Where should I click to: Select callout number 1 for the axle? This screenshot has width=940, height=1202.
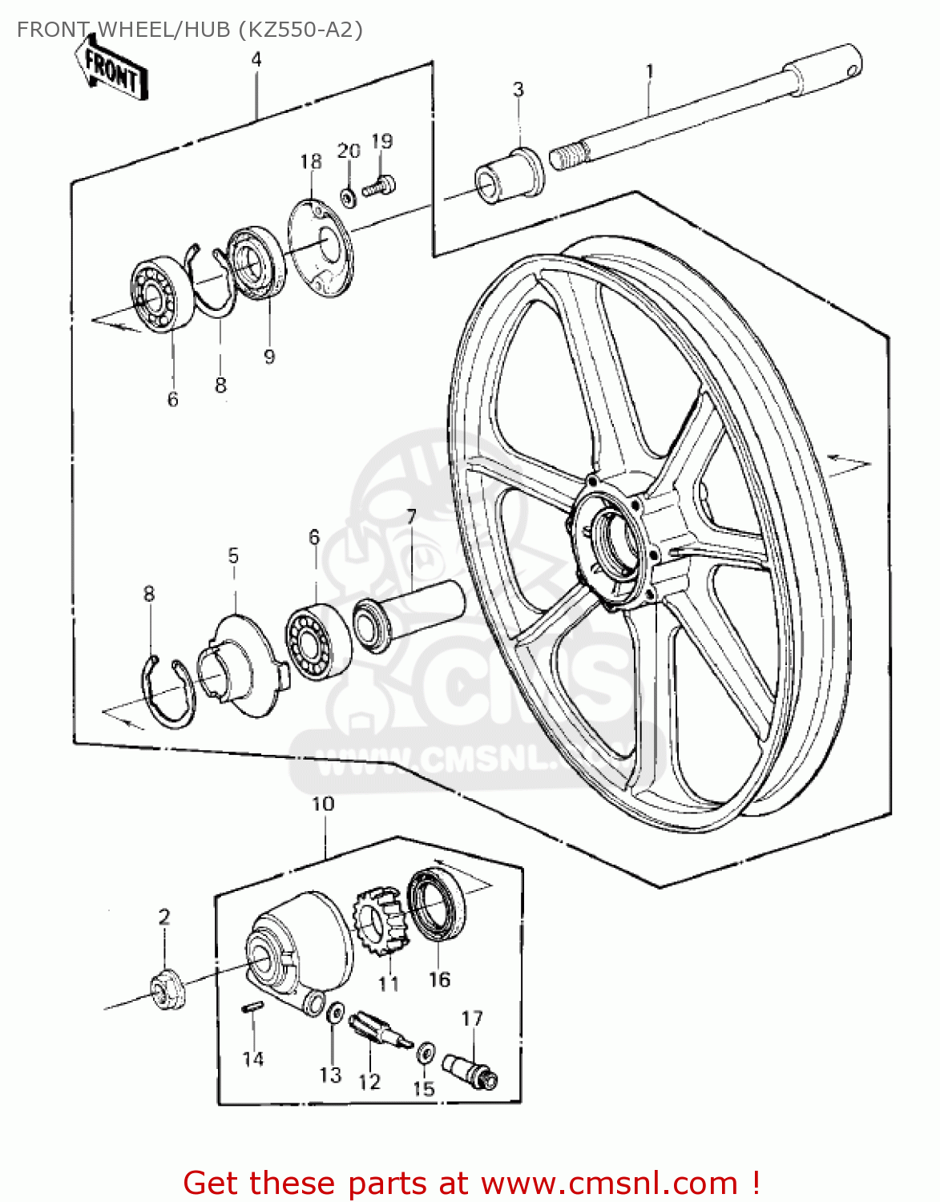tap(650, 72)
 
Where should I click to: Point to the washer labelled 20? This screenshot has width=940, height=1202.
tap(347, 195)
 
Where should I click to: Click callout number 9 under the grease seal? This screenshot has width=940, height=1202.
tap(269, 356)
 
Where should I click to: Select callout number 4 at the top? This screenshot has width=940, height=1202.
tap(256, 59)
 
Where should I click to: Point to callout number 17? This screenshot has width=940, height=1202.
tap(472, 1018)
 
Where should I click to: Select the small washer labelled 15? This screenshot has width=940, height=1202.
tap(426, 1051)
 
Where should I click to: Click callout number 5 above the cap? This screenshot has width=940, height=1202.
tap(233, 556)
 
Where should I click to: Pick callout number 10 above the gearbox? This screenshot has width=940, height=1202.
tap(323, 804)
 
